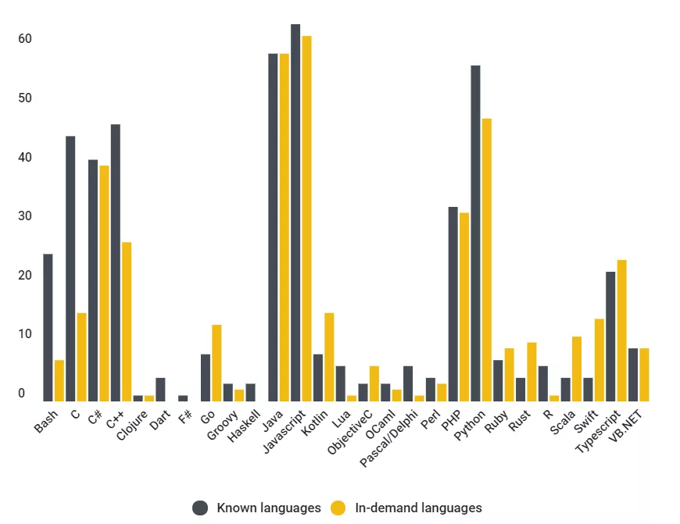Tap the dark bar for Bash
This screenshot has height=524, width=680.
[x=48, y=327]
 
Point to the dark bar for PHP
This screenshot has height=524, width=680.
[x=453, y=304]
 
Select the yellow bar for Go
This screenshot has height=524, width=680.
[x=217, y=363]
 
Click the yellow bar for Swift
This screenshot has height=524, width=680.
[x=599, y=360]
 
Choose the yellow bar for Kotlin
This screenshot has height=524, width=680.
[x=329, y=357]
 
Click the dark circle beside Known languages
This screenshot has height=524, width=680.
[x=200, y=508]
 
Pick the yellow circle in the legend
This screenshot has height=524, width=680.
[x=338, y=508]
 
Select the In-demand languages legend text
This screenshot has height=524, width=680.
[x=418, y=508]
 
